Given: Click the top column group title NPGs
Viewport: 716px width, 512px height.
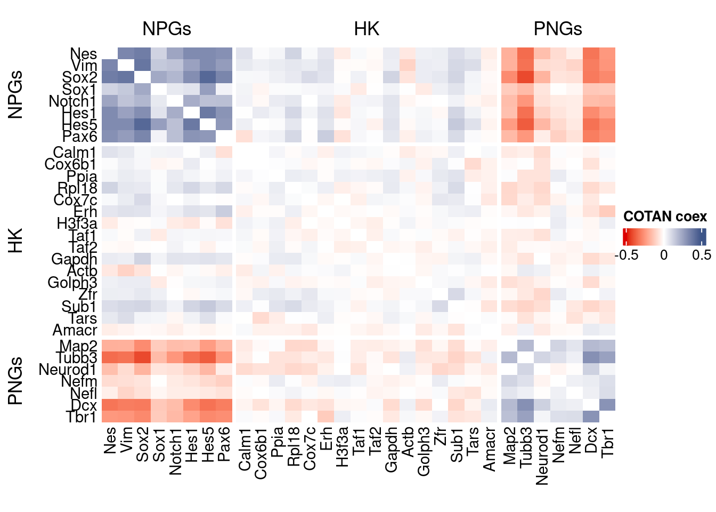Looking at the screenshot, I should point(166,29).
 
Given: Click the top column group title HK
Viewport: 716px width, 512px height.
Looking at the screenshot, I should point(367,29).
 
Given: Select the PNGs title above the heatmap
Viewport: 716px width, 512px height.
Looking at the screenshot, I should point(558,29).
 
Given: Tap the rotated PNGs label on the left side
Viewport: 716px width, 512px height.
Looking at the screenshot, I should point(16,381).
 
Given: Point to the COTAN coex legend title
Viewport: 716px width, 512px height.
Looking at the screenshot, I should point(665,217).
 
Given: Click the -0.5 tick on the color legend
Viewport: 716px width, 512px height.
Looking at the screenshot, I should point(626,255).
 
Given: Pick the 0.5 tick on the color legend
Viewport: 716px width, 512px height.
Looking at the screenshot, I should point(702,255).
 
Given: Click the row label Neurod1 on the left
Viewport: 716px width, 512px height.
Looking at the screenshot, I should point(68,370).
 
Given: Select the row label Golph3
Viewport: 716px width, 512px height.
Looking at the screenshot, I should point(72,282).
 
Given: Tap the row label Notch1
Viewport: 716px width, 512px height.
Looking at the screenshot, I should point(72,101).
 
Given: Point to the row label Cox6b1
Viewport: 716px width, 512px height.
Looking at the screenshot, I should point(70,164).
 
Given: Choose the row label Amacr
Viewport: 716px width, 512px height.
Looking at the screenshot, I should point(75,331).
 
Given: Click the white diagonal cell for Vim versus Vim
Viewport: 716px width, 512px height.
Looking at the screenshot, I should point(126,66).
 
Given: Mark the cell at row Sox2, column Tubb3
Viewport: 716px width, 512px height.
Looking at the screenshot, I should point(526,77).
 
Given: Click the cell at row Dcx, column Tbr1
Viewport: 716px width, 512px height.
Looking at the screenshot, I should point(607,405).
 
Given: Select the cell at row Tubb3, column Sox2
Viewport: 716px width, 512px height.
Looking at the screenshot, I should point(142,358).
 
